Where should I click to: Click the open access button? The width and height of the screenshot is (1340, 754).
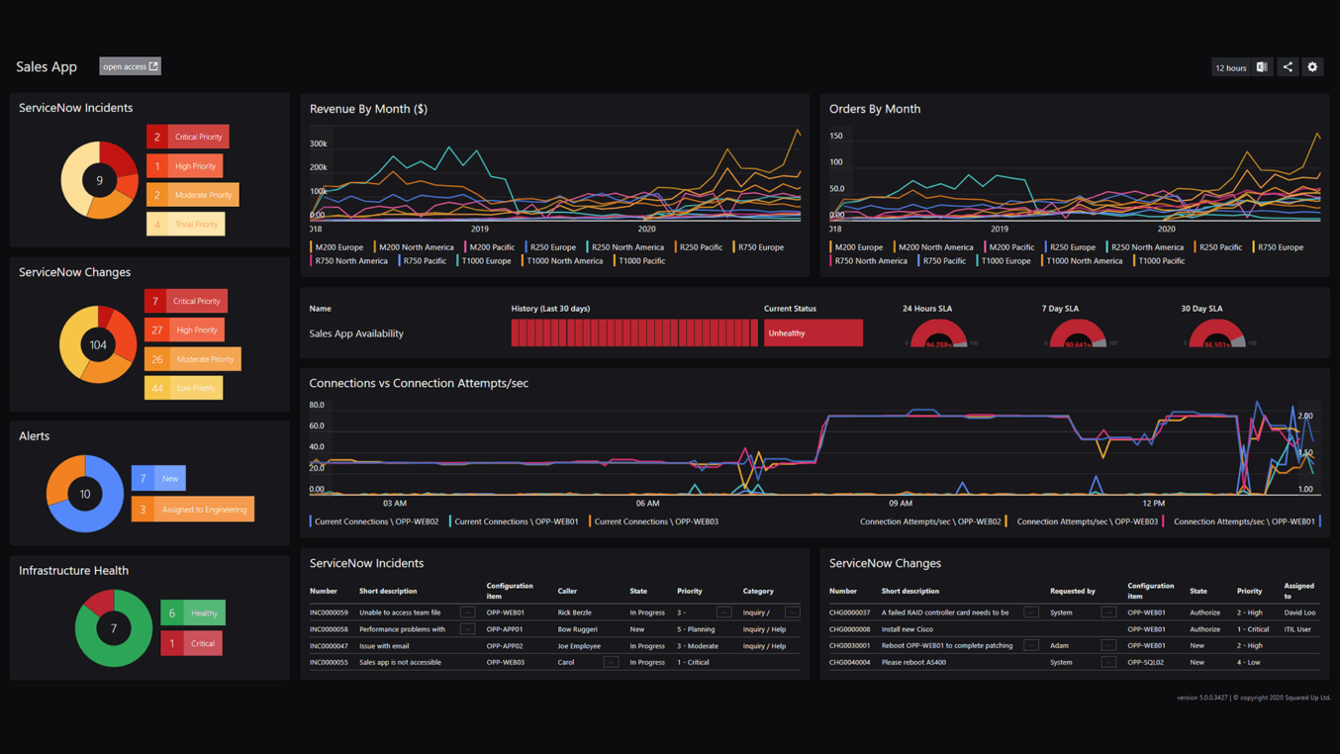pos(130,66)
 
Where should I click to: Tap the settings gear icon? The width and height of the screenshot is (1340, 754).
pos(1312,67)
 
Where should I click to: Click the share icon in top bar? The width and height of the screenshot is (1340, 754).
pos(1288,67)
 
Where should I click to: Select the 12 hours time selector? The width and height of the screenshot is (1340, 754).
pos(1230,67)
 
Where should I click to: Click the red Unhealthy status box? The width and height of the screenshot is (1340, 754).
pos(813,333)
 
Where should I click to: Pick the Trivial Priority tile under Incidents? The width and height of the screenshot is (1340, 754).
pos(186,224)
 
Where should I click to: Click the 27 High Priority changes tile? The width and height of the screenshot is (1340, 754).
pos(185,330)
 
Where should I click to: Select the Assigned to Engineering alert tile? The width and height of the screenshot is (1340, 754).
pos(193,510)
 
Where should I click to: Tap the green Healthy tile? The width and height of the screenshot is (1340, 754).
pos(193,613)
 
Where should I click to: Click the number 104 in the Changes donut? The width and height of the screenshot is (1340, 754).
pos(98,345)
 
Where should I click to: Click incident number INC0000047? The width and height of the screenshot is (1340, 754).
pos(329,646)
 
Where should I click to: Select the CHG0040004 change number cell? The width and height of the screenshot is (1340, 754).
pos(849,663)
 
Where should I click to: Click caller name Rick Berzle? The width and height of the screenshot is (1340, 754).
pos(574,613)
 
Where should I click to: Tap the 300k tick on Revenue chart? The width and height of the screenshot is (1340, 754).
pos(318,144)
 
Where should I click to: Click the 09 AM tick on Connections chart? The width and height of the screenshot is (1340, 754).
pos(900,504)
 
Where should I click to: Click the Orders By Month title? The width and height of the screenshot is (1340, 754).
pos(874,109)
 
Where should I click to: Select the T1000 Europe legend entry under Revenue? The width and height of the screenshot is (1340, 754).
pos(485,261)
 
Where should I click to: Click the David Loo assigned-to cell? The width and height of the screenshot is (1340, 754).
pos(1299,613)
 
